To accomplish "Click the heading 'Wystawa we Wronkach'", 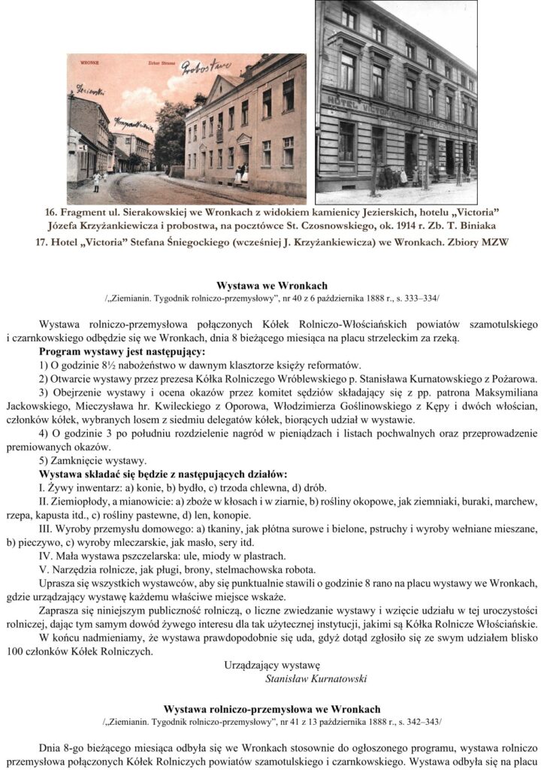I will (271, 286).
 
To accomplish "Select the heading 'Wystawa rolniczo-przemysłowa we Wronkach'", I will (271, 709).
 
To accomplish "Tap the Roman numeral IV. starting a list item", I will (46, 556).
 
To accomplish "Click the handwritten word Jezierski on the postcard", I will (90, 91).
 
